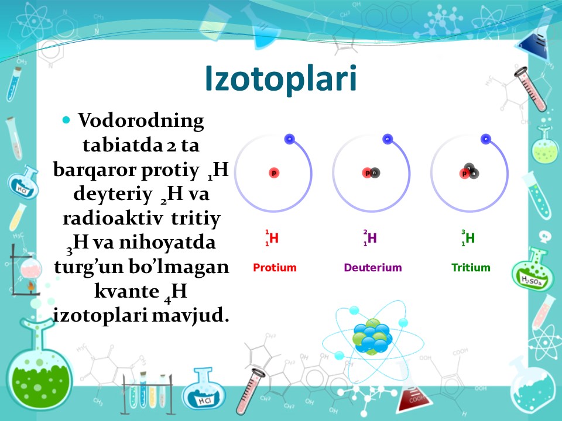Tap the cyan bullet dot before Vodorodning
click(x=66, y=120)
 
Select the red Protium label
click(x=275, y=267)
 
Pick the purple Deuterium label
click(x=373, y=267)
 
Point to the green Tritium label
click(x=471, y=267)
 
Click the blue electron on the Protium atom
click(x=290, y=139)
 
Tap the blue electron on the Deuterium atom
click(x=388, y=139)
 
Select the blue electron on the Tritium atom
click(x=486, y=139)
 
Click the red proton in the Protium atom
click(x=274, y=173)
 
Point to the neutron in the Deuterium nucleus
click(x=375, y=173)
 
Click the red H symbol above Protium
click(x=274, y=238)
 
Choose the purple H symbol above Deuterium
click(x=372, y=238)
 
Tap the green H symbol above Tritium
click(x=470, y=238)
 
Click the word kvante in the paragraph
click(x=127, y=291)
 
